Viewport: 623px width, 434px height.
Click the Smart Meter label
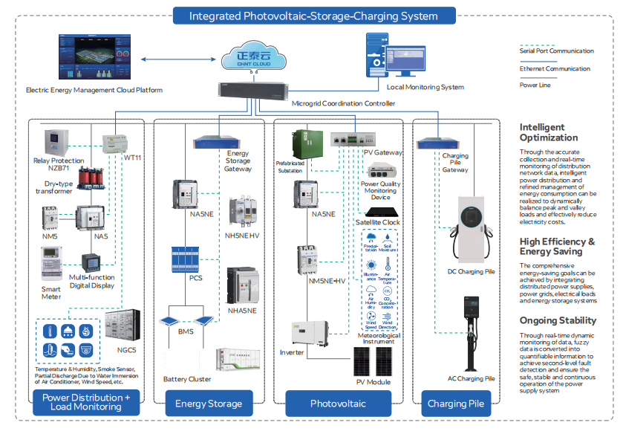click(51, 292)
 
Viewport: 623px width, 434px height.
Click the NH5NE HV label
click(244, 236)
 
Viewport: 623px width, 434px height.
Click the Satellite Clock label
click(377, 221)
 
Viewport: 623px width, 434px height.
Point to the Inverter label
click(292, 352)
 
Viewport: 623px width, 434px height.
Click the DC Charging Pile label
click(470, 272)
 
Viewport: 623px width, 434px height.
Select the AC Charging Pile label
click(471, 378)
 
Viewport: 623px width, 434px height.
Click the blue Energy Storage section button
click(208, 404)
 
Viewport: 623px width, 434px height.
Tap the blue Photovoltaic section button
click(338, 404)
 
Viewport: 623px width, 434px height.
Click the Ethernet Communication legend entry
click(555, 68)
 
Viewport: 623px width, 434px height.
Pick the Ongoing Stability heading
click(558, 320)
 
